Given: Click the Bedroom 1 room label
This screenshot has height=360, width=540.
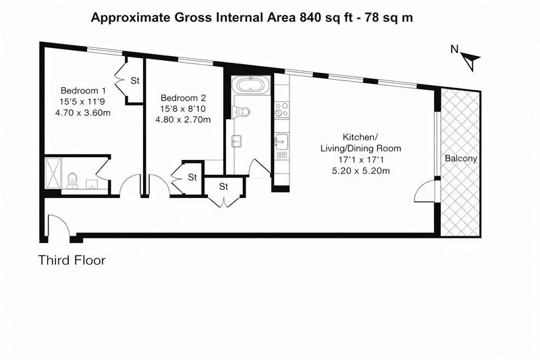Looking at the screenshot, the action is tap(83, 91).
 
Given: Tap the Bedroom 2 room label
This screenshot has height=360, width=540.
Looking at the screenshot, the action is tap(183, 98).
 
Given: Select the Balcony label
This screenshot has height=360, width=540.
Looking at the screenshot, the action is tap(461, 159).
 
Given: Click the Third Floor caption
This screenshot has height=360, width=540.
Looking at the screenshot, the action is tap(72, 260).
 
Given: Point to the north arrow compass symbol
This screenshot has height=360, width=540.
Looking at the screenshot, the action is tap(469, 59).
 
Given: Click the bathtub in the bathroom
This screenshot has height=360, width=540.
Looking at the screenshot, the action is tap(249, 84).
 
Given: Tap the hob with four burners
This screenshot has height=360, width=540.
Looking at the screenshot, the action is tap(281, 109).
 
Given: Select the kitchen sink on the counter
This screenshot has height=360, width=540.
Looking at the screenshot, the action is tap(281, 141).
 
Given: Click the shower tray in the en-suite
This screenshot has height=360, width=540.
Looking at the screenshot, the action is tap(53, 173).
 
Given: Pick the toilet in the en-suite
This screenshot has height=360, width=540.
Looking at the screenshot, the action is tap(72, 180).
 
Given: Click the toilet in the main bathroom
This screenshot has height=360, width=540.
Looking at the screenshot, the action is tap(242, 111).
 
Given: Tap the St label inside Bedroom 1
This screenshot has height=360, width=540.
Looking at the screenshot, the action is tap(135, 80).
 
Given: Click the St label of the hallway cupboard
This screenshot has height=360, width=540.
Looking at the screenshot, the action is tap(223, 186).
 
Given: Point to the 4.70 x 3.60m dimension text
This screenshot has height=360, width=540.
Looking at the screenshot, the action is tap(83, 113).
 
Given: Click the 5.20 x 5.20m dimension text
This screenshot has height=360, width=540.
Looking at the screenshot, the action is tap(361, 170).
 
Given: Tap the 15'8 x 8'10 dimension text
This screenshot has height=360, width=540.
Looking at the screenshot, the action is tap(183, 109).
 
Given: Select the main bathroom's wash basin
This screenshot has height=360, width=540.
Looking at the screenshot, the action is tap(237, 141).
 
